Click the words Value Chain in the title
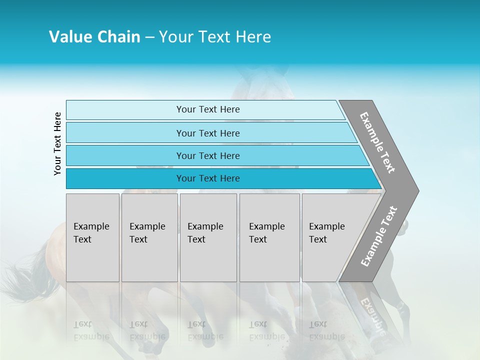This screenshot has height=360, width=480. point(94,37)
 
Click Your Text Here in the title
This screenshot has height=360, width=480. point(215,37)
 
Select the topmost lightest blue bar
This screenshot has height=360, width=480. point(208,109)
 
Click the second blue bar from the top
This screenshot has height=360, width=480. point(208,133)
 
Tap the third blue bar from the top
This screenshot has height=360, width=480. point(208,155)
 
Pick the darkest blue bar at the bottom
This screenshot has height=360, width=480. point(208,178)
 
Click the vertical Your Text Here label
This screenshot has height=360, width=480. point(57,144)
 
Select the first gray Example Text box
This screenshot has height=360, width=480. point(92,237)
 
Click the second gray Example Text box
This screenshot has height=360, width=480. point(149,237)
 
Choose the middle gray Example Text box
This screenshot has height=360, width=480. point(208,237)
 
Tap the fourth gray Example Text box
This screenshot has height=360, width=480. point(269,237)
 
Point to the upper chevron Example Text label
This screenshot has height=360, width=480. point(377,142)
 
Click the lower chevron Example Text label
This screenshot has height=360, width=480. point(379,236)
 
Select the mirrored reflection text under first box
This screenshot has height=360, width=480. point(91,331)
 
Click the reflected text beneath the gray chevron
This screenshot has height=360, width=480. point(372,315)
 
